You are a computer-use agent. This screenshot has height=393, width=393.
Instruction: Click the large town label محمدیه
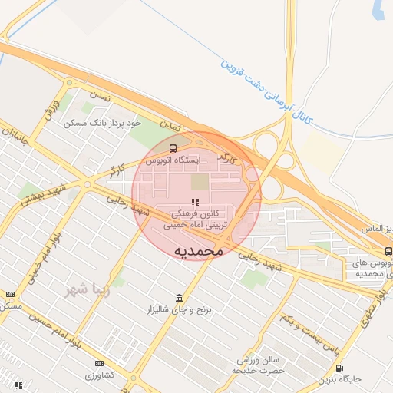click(198, 250)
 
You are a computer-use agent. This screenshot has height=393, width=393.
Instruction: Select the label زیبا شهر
click(84, 290)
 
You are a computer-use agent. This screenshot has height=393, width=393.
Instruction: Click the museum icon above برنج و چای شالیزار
click(180, 298)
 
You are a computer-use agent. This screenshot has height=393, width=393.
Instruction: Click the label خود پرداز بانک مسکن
click(104, 123)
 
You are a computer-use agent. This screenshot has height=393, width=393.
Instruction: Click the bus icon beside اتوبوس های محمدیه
click(388, 251)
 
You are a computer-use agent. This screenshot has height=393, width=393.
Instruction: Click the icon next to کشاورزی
click(99, 363)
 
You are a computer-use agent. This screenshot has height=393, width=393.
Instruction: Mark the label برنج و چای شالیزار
click(180, 311)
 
